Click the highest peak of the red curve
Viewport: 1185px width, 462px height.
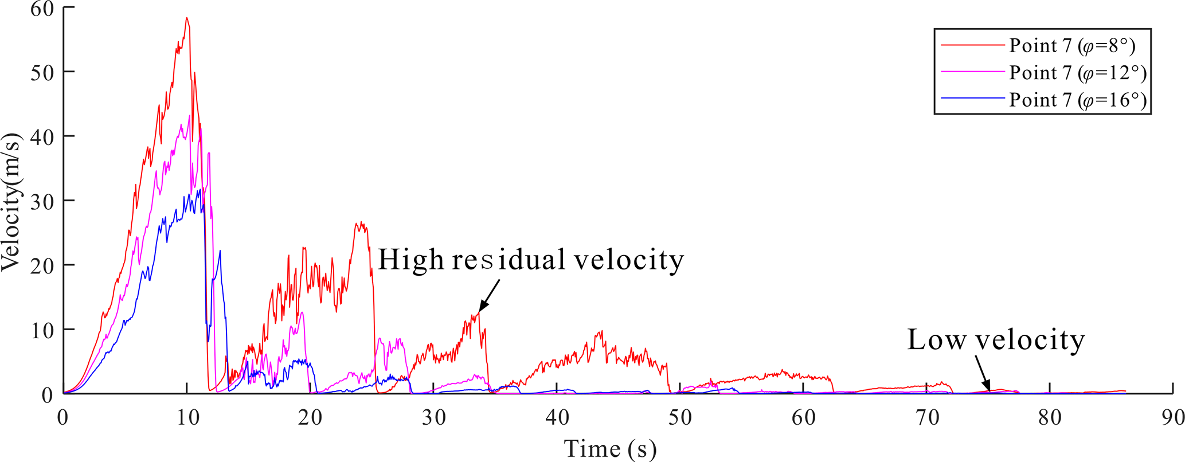[x=187, y=18]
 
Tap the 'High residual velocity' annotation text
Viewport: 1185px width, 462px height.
[x=531, y=260]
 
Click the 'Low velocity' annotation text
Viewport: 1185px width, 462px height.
[x=996, y=340]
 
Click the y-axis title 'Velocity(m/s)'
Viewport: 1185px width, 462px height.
[x=11, y=202]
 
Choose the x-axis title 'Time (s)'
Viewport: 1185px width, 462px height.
[x=610, y=449]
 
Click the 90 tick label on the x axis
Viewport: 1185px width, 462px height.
[x=1172, y=417]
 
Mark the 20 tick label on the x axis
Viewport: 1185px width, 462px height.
[x=310, y=417]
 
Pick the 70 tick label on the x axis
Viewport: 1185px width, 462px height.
[x=926, y=417]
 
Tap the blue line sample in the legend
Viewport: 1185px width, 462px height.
[x=973, y=99]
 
